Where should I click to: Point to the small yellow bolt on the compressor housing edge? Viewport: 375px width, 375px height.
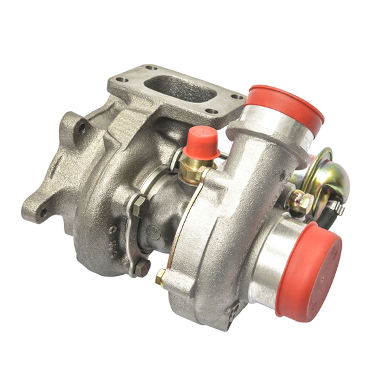pos(160,278)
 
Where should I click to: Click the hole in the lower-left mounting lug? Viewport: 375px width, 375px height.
pos(43,212)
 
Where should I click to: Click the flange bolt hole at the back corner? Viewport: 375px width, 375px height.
pos(151,67)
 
